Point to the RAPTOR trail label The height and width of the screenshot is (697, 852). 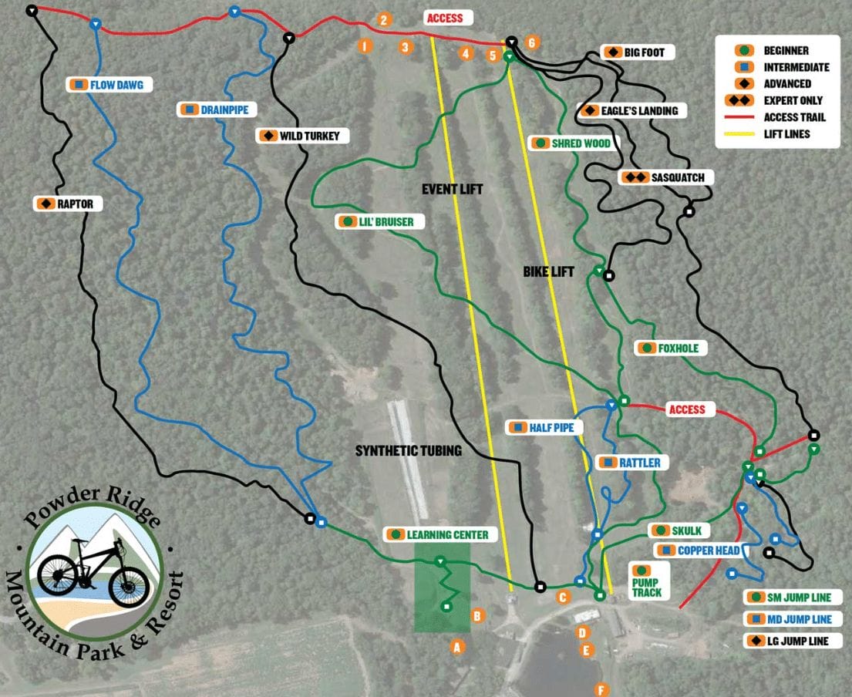click(69, 204)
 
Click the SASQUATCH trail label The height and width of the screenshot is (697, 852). click(668, 177)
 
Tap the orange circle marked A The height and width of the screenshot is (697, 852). click(457, 647)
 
